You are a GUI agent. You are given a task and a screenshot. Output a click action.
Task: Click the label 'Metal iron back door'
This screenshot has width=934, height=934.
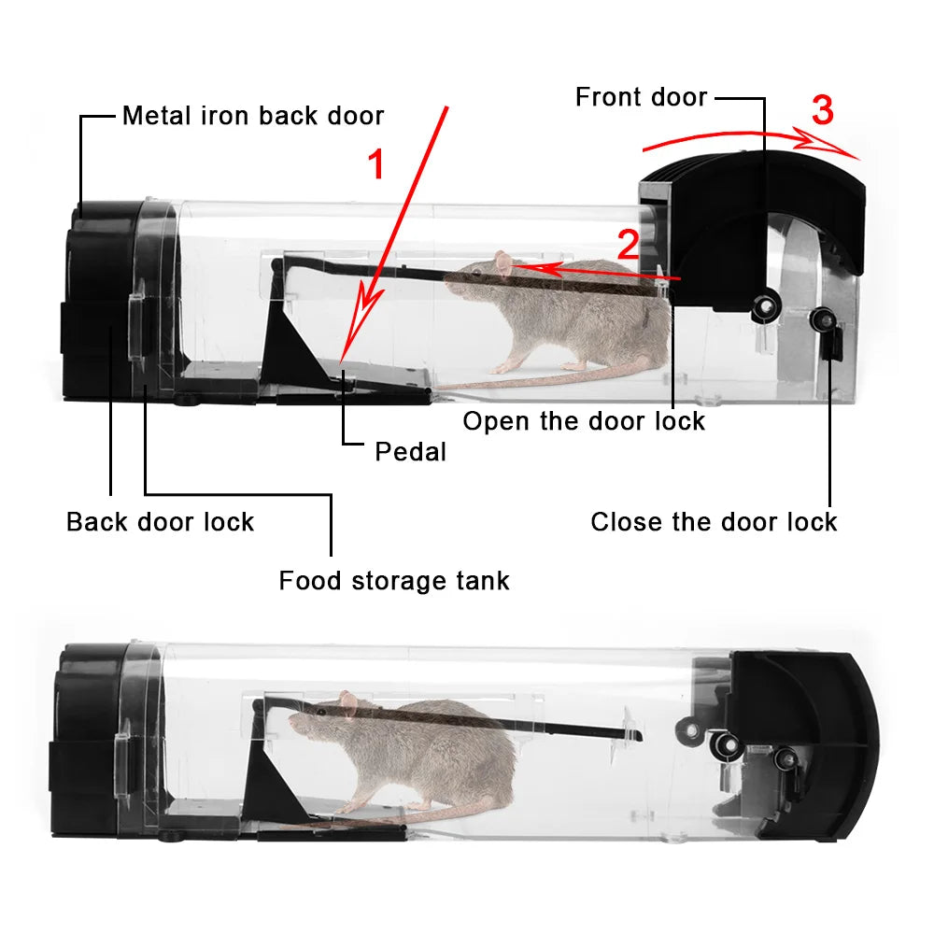coord(253,116)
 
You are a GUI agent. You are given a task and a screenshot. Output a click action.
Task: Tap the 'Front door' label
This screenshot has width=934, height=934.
coord(641,96)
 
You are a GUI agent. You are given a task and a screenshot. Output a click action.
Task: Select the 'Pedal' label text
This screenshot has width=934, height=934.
coord(410,452)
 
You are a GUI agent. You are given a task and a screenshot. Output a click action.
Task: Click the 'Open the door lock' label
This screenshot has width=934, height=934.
coord(584,421)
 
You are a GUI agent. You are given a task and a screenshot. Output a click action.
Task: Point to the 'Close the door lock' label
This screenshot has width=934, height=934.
coord(714,521)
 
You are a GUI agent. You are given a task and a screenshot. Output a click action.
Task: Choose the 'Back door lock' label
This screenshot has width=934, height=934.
coord(160,521)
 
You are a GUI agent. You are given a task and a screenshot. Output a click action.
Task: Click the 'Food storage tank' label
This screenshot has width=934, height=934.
coord(394,581)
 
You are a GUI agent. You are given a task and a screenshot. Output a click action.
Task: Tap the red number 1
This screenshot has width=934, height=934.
coord(375,165)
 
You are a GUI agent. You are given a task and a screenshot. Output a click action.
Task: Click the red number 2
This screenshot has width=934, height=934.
coord(629,245)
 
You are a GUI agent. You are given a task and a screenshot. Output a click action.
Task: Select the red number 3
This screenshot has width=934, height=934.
coord(822,111)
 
